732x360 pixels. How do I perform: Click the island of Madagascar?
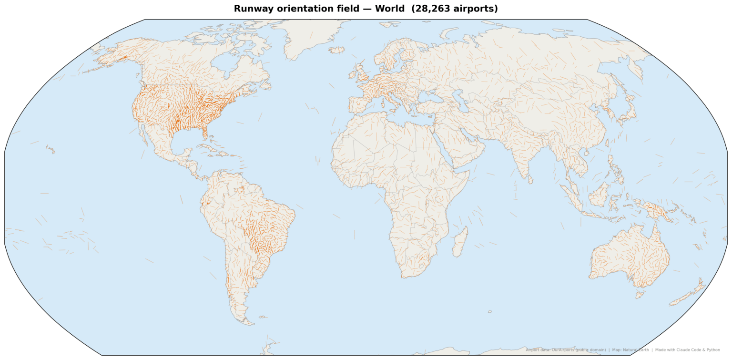(x=460, y=242)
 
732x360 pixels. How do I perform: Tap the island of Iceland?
(x=336, y=50)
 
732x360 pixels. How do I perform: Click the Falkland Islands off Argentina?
(x=261, y=317)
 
